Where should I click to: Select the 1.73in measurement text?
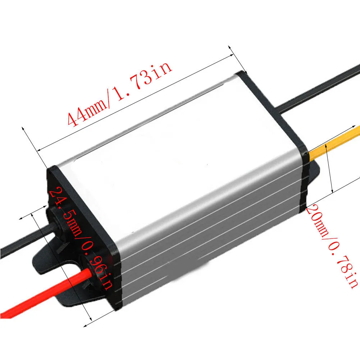(144, 81)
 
